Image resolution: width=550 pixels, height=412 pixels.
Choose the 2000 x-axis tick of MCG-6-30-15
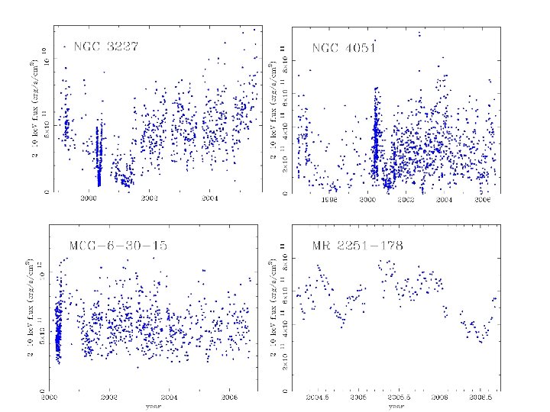[x=50, y=397]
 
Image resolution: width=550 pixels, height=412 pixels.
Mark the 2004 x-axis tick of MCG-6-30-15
[x=169, y=397]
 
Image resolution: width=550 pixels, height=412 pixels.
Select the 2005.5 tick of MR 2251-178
[x=398, y=397]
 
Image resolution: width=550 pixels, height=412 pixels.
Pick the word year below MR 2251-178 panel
[x=396, y=405]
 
